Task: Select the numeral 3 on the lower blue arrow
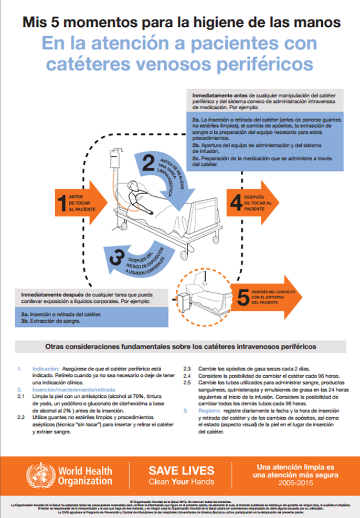(119, 257)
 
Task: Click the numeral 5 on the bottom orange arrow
(242, 298)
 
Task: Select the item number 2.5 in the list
(186, 383)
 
